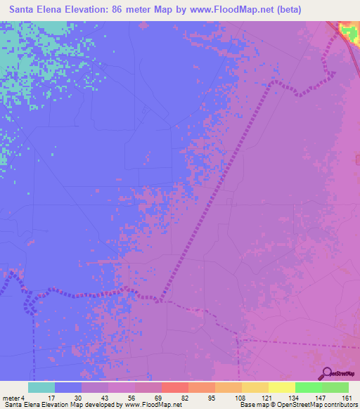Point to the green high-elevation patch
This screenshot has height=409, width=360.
pyautogui.click(x=348, y=30)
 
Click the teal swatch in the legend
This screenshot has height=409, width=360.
pyautogui.click(x=41, y=387)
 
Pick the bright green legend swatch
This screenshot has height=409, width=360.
pyautogui.click(x=309, y=387)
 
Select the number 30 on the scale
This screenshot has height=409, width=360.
pyautogui.click(x=79, y=398)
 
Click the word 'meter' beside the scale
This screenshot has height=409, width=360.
pyautogui.click(x=11, y=398)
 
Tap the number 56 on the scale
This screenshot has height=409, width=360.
pyautogui.click(x=132, y=398)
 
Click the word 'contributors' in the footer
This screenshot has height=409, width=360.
pyautogui.click(x=340, y=405)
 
